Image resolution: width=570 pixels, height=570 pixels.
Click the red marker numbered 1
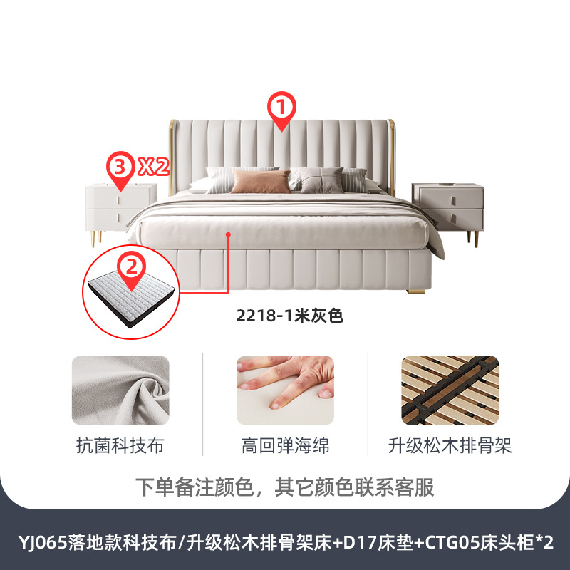coord(281,110)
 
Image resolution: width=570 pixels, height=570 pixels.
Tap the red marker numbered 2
coord(130,269)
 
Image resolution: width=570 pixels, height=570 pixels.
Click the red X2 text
coord(152,168)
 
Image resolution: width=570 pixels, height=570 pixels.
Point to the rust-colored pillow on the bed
coord(261,182)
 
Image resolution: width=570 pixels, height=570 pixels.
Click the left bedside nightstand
coord(122,206)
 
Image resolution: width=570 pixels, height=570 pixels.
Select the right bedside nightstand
coord(447,206)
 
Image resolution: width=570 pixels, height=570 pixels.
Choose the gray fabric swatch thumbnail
coord(120,390)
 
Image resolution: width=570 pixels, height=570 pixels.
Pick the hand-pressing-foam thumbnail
coord(285,390)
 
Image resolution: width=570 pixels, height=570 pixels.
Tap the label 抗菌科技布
coord(120,447)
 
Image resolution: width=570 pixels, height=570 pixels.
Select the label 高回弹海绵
coord(285,447)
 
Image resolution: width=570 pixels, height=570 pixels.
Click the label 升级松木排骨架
coord(450,447)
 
